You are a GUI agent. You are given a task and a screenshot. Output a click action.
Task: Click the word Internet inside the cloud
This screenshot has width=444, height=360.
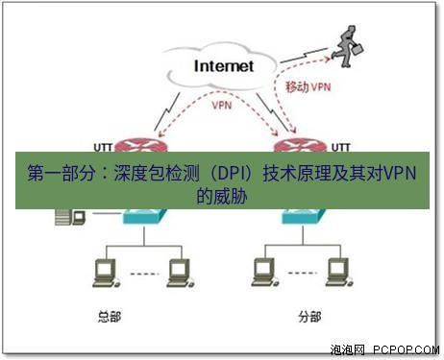coord(223,66)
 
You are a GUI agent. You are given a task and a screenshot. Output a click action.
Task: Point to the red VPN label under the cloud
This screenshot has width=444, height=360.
coord(220,105)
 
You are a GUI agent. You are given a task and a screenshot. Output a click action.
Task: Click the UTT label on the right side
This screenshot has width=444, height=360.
coord(340,147)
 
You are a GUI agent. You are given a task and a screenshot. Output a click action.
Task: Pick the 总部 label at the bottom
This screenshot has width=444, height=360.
coord(112,314)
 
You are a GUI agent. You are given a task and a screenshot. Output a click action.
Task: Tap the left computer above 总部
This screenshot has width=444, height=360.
coord(101,273)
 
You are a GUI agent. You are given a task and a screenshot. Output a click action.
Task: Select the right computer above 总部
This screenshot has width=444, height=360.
coord(175,273)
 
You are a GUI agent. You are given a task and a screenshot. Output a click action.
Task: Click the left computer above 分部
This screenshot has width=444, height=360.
coord(260,273)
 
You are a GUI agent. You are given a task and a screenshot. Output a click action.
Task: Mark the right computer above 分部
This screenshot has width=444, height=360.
coord(335,273)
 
